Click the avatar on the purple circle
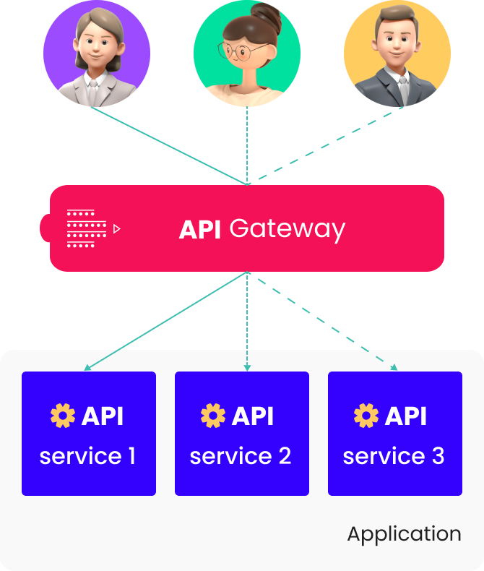click(96, 54)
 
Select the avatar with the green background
click(247, 54)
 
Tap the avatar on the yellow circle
click(397, 54)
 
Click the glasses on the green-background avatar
click(242, 51)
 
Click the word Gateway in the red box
click(287, 229)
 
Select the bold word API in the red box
click(200, 229)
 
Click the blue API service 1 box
click(89, 434)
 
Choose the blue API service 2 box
click(242, 434)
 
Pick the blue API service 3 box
click(395, 434)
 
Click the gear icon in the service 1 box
click(63, 416)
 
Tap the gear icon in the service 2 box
click(213, 416)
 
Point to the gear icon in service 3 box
click(366, 416)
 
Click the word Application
click(404, 534)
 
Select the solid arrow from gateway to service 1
click(166, 321)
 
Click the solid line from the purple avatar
click(170, 145)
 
